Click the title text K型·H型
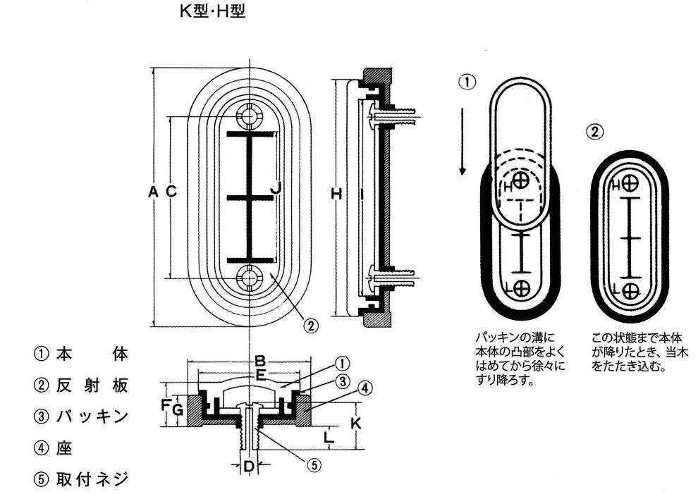coord(213,12)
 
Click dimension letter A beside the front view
coord(153,191)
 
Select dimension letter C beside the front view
coord(170,191)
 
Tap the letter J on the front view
coord(276,188)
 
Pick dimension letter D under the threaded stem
coord(248,466)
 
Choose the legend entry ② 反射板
coord(82,385)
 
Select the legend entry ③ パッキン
coord(82,416)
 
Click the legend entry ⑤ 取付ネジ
coord(82,479)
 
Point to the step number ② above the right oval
coord(596,131)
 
